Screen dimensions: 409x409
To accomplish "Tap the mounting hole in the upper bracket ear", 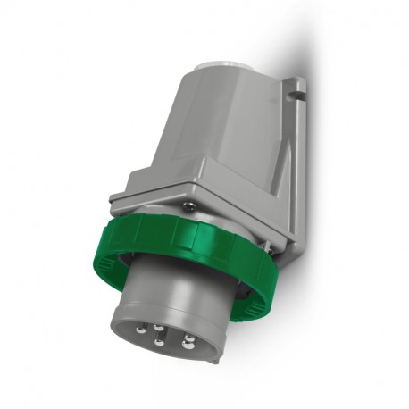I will click(x=299, y=88).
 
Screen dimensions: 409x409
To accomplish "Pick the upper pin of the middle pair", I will click(x=159, y=327).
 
